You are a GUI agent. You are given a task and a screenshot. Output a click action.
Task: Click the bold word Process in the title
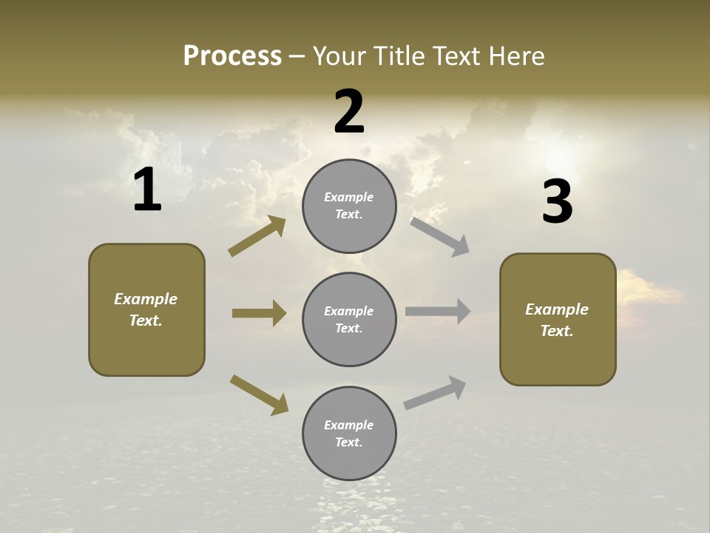[232, 56]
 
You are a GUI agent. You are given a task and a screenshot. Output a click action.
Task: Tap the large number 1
[147, 190]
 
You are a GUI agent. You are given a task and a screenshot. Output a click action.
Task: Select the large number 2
[349, 112]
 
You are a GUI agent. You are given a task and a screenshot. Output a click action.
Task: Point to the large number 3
[557, 202]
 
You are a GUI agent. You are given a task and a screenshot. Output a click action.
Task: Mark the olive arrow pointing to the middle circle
[259, 313]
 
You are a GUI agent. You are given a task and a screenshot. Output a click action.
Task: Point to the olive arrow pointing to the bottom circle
[259, 394]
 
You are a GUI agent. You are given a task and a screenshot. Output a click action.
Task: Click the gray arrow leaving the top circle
[440, 236]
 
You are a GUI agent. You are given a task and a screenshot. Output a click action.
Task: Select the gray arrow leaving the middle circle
[438, 312]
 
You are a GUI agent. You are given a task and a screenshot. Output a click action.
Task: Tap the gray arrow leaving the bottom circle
[436, 393]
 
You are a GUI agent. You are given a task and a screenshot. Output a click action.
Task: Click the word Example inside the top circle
[349, 197]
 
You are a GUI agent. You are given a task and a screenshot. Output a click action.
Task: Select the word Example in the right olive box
[557, 309]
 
